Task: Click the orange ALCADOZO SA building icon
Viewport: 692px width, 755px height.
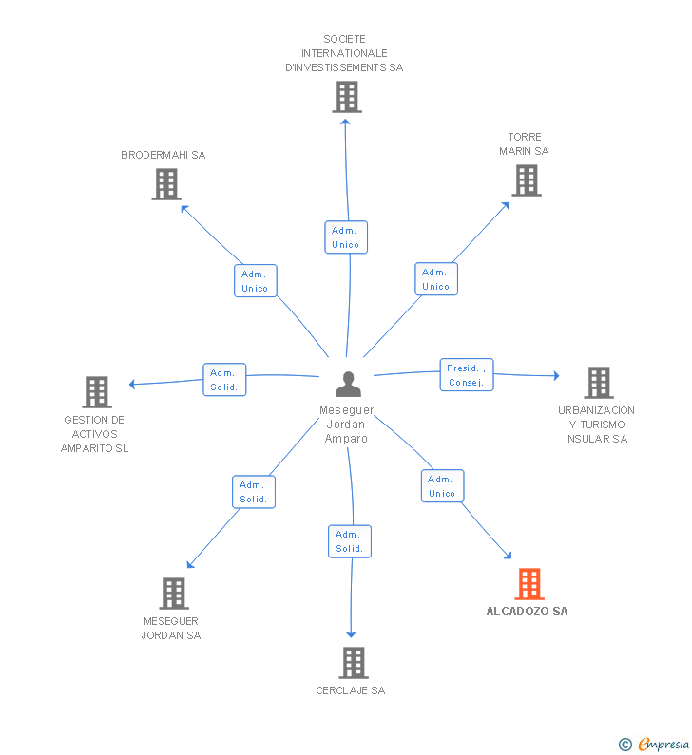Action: click(529, 584)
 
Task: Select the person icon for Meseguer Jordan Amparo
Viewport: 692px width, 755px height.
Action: click(348, 384)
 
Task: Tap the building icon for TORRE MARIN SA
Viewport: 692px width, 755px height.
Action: click(527, 180)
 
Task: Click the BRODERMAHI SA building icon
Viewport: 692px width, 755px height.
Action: click(166, 184)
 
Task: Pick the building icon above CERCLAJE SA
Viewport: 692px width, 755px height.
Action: click(354, 663)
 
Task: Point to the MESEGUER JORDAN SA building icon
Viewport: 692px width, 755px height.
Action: click(174, 594)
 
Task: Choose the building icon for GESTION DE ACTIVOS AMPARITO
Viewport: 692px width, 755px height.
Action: click(97, 392)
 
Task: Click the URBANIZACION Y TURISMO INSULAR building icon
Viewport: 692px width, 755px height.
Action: click(599, 383)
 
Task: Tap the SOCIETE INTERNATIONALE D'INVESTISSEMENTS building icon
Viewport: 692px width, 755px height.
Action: click(347, 97)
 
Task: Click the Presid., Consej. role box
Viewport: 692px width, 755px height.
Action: click(467, 374)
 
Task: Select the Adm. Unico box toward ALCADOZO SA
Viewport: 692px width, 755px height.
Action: click(442, 486)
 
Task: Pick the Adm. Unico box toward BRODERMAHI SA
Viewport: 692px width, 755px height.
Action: click(256, 281)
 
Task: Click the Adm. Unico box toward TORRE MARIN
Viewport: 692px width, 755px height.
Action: click(436, 279)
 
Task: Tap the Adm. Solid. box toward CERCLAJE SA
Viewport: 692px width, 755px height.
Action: click(350, 541)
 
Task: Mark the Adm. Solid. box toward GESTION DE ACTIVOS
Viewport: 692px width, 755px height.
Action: click(224, 380)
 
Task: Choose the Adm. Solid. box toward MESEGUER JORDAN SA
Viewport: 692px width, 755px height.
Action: click(254, 492)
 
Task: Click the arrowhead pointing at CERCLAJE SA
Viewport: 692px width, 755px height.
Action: click(351, 634)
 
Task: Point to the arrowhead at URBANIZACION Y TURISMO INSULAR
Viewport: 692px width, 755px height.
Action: click(557, 375)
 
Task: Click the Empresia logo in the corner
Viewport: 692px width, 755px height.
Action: click(654, 745)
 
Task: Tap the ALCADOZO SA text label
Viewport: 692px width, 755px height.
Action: click(527, 612)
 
